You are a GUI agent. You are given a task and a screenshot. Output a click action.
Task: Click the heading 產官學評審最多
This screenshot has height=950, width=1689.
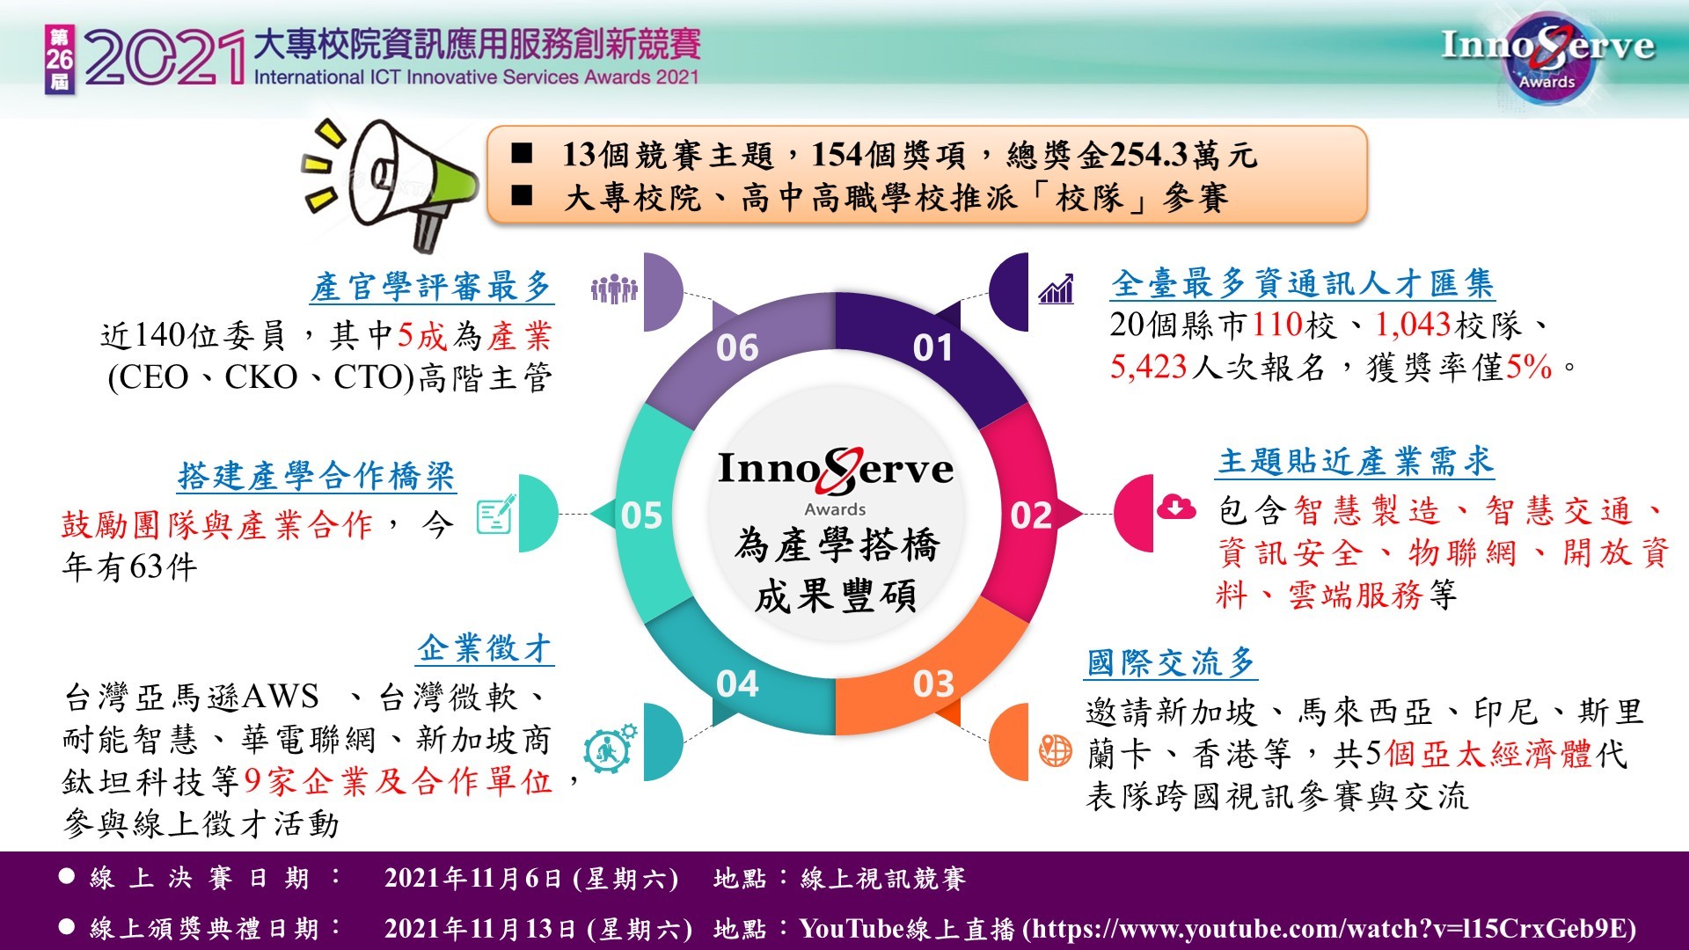click(x=431, y=287)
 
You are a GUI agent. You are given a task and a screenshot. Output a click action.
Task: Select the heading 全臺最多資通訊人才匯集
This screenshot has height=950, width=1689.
click(x=1303, y=283)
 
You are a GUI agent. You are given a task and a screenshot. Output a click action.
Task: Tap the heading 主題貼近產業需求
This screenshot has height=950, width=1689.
click(x=1356, y=461)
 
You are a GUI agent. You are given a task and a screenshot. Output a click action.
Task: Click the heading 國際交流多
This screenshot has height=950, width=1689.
click(x=1171, y=661)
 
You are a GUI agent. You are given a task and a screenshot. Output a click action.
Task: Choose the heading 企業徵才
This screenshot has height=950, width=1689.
click(x=485, y=648)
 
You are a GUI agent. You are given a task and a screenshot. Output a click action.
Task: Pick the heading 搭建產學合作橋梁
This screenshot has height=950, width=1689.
click(x=317, y=476)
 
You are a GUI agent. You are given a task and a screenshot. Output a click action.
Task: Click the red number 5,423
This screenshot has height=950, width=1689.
click(x=1149, y=367)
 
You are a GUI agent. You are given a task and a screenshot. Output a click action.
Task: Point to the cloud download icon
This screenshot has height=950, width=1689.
click(x=1176, y=508)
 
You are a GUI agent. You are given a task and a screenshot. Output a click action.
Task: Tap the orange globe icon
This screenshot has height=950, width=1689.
click(x=1056, y=750)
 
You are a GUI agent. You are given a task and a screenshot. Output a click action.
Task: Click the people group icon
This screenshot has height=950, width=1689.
click(x=614, y=289)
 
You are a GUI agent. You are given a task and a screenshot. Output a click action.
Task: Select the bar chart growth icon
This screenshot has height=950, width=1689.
click(x=1056, y=288)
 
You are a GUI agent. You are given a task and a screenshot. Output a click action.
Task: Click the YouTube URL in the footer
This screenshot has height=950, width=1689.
click(x=1334, y=929)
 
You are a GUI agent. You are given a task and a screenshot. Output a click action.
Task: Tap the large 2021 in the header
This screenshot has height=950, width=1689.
click(x=165, y=58)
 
